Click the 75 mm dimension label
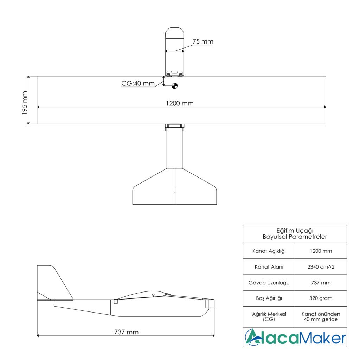pyautogui.click(x=203, y=41)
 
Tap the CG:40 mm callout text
pyautogui.click(x=138, y=83)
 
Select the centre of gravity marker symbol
pyautogui.click(x=174, y=86)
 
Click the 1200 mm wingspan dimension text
pyautogui.click(x=180, y=103)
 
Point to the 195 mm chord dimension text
pyautogui.click(x=25, y=103)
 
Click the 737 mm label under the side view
pyautogui.click(x=126, y=332)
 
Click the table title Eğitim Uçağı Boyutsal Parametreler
pyautogui.click(x=295, y=234)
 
